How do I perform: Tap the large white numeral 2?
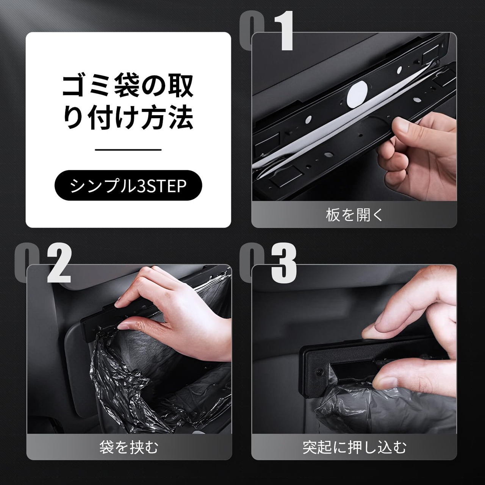[x=59, y=263]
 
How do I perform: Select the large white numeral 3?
[x=284, y=263]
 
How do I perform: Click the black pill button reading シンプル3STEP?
[x=128, y=185]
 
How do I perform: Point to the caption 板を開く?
[x=354, y=215]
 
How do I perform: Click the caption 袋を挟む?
[x=129, y=447]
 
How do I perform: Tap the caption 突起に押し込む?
[x=354, y=447]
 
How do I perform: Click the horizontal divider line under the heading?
[x=128, y=150]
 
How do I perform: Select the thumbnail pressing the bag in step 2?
[x=124, y=327]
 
